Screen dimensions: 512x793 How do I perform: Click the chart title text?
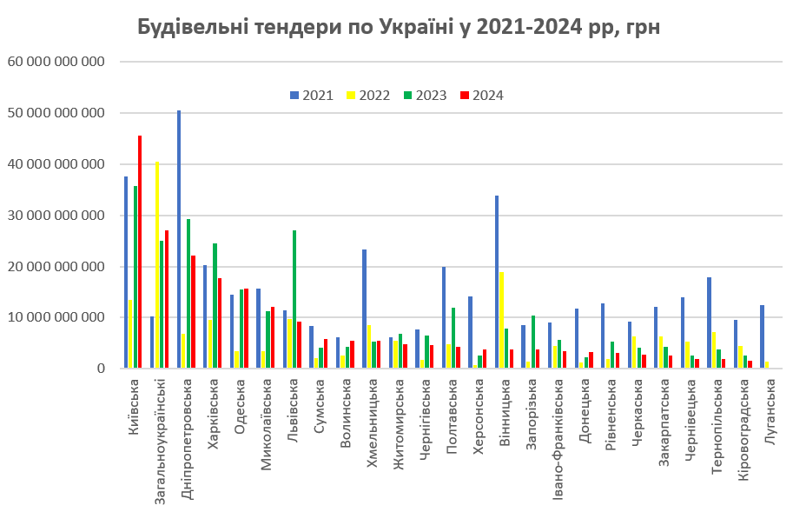[399, 27]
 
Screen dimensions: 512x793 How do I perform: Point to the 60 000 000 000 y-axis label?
[56, 62]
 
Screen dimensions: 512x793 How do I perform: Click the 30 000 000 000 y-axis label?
[56, 216]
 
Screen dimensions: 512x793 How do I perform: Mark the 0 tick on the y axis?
[101, 369]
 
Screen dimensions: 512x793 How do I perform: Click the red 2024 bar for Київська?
[140, 252]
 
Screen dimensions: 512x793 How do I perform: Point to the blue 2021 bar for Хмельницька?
[364, 309]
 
